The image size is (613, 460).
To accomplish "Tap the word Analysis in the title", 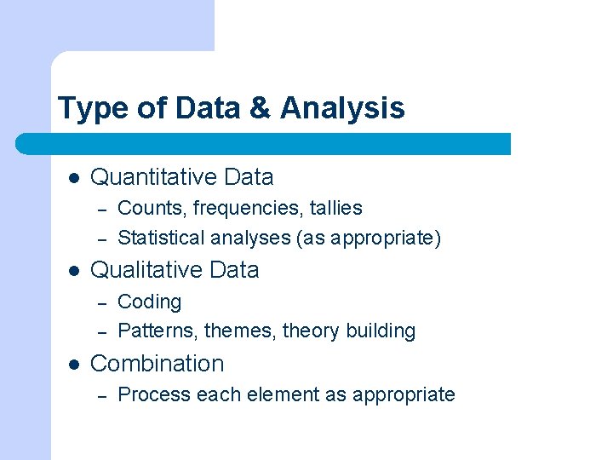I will tap(342, 109).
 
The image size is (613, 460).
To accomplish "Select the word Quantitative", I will tap(154, 177).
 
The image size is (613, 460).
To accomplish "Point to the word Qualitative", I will tap(144, 270).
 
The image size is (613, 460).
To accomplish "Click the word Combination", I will tap(157, 364).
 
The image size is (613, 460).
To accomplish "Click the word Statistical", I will tap(162, 238).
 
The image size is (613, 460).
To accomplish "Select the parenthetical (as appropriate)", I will tap(369, 239).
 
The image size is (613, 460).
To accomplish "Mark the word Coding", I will tap(149, 302).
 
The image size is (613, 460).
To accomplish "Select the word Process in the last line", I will tap(154, 394).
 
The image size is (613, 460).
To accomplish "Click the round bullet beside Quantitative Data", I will tap(74, 178).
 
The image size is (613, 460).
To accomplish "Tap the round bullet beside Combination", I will tap(74, 364).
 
